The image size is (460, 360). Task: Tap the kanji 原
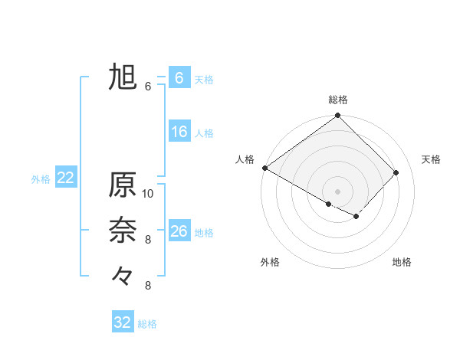123,185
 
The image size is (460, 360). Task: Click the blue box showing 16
179,132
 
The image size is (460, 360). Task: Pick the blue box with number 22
66,178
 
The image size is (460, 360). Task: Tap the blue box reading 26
179,231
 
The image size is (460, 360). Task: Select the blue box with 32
123,322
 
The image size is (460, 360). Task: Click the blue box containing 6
179,77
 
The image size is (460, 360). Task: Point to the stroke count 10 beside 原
148,194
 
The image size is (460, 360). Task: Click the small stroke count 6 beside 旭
148,87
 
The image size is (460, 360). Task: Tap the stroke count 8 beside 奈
148,240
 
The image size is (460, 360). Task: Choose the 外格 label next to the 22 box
41,179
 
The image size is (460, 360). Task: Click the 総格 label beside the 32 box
147,324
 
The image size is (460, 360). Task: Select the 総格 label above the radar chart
338,100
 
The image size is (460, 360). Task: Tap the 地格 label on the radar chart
402,262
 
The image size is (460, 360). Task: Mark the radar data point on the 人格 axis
264,168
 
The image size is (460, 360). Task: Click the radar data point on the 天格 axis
396,172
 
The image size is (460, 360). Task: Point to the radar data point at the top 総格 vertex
337,116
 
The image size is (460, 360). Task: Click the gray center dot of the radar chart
337,191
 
